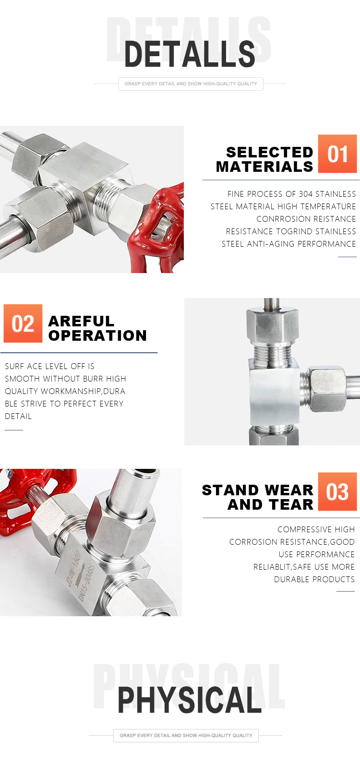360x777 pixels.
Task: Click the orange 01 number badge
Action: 337,154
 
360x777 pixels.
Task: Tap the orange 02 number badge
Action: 23,323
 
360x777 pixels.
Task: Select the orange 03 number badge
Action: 337,491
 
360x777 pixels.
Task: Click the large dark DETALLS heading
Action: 190,54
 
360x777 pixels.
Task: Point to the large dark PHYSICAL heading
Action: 190,700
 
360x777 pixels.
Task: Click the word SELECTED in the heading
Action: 269,152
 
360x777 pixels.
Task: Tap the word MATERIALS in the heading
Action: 264,167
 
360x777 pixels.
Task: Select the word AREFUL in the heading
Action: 81,321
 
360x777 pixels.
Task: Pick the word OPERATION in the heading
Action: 97,336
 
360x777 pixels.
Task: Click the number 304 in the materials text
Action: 306,194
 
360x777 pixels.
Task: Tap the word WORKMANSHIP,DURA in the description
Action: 83,391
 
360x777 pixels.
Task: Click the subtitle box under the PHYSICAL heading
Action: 186,735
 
